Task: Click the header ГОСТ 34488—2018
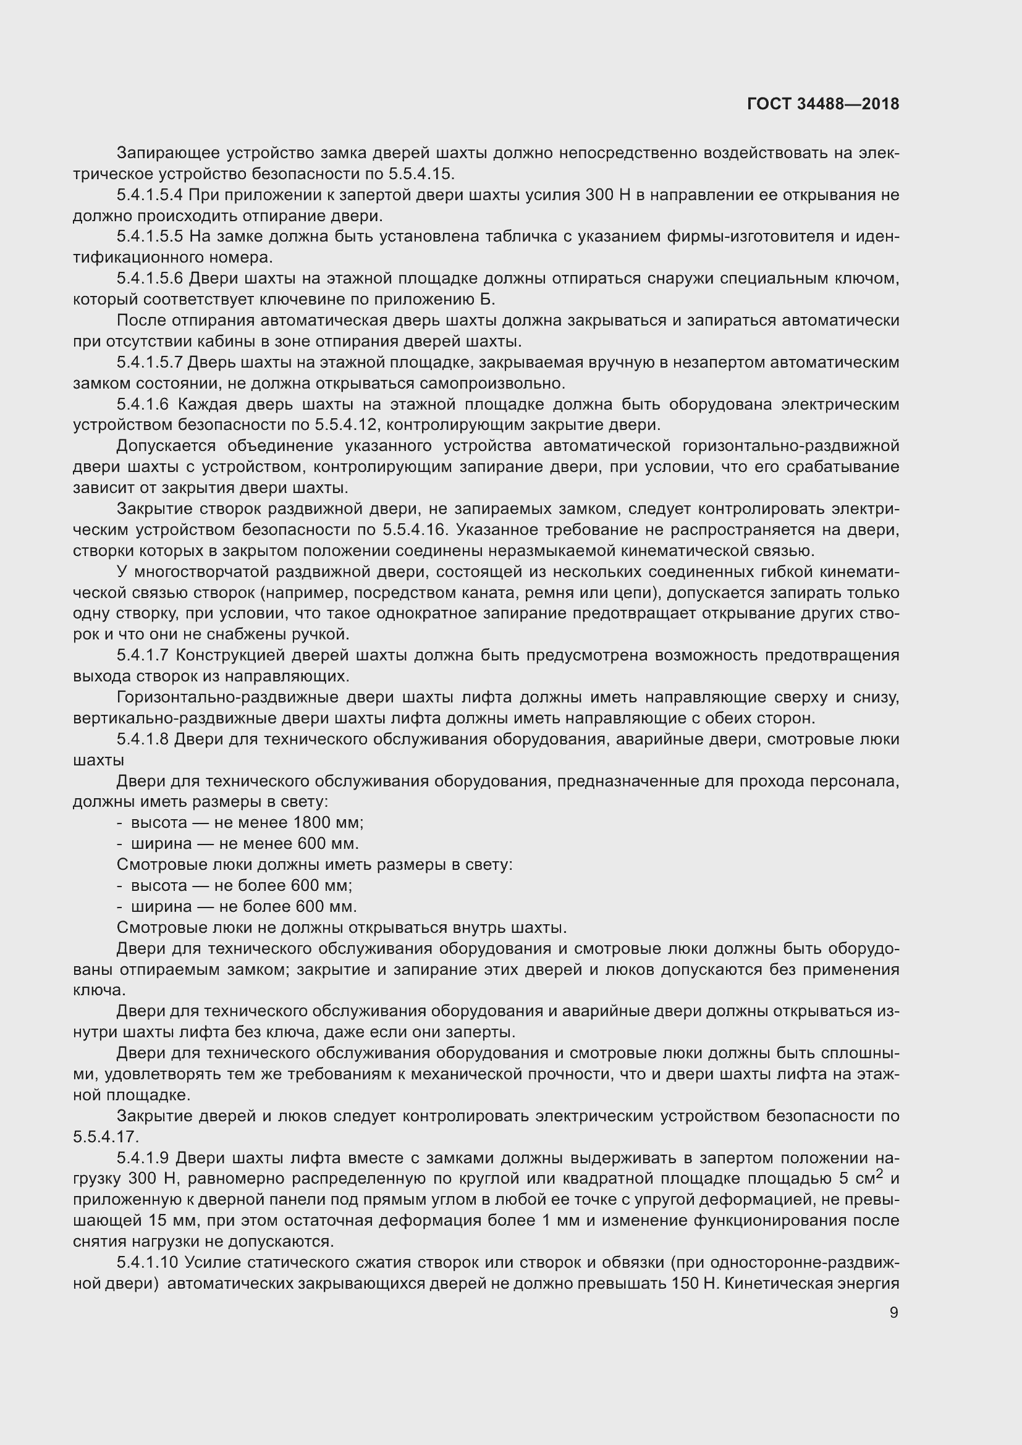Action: (x=822, y=104)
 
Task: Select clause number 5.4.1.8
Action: (x=142, y=739)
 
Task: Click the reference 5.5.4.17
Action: (x=105, y=1137)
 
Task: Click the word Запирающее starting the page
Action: (x=167, y=153)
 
